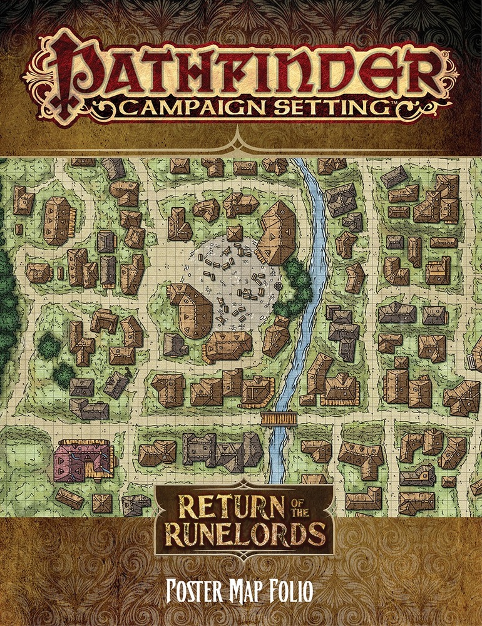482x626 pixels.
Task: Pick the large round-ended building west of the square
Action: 191,310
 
